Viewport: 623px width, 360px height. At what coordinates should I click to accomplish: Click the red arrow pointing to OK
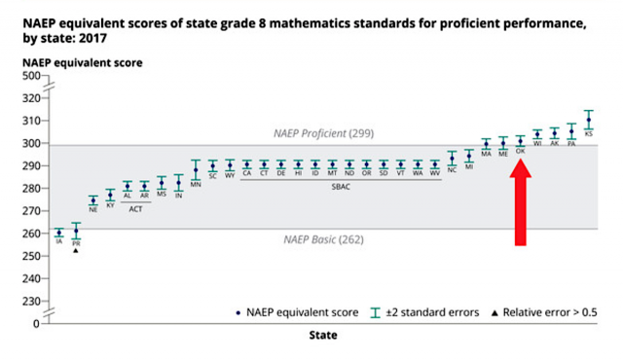click(521, 199)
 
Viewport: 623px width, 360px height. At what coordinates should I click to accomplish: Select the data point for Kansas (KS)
click(588, 120)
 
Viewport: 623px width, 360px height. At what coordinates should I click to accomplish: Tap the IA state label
click(59, 240)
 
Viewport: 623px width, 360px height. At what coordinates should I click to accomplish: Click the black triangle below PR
click(76, 251)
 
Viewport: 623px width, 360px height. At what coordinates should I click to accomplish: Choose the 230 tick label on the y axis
click(31, 301)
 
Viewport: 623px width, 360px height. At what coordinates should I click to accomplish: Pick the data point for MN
click(196, 170)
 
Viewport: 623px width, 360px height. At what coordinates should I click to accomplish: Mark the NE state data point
click(93, 200)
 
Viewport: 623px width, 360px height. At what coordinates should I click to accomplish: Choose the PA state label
click(571, 143)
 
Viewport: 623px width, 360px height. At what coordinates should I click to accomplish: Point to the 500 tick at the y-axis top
click(31, 76)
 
